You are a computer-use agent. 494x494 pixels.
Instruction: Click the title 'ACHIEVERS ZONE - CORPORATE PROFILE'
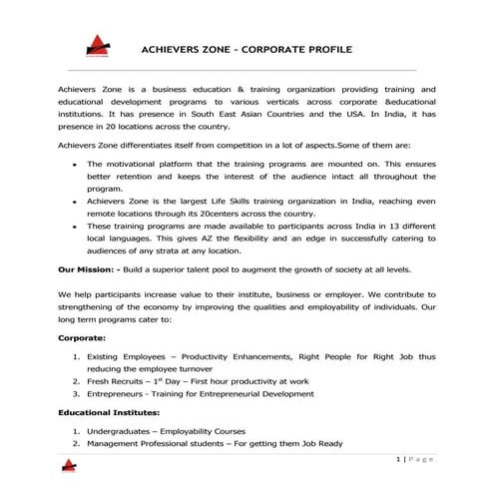tap(247, 47)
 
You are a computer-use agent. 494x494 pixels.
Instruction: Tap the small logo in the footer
tap(68, 464)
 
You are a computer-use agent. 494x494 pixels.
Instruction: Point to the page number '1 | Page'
tap(413, 458)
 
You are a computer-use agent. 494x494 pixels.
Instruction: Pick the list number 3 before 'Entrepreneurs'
tap(76, 393)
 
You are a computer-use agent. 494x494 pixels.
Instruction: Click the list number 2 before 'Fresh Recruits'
tap(76, 380)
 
